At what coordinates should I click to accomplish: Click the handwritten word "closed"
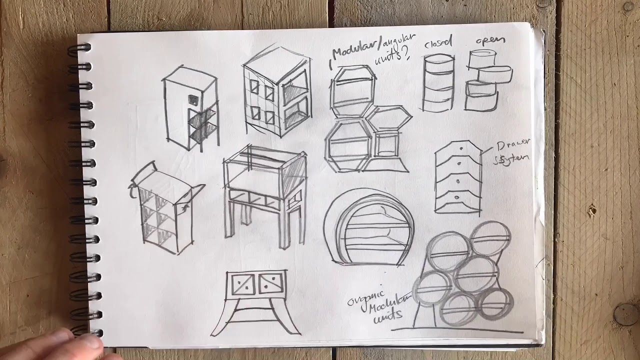(x=437, y=43)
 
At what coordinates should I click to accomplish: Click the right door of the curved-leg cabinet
(x=270, y=283)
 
